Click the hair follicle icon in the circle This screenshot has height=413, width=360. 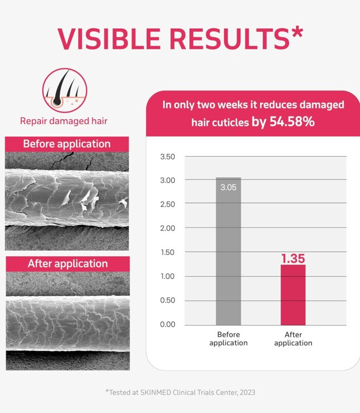(65, 90)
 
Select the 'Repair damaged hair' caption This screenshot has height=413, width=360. (64, 121)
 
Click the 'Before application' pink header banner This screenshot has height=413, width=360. (67, 144)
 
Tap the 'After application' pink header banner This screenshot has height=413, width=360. (68, 264)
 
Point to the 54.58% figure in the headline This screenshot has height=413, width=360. (292, 121)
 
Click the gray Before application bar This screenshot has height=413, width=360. (228, 251)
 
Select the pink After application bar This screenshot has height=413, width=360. (293, 295)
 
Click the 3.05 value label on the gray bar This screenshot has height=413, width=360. (228, 187)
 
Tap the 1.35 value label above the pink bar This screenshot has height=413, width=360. (293, 258)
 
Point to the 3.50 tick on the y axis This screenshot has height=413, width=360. (168, 157)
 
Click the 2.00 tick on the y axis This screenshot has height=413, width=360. (168, 228)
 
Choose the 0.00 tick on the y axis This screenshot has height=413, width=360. (168, 324)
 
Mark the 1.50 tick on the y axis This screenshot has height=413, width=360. (168, 252)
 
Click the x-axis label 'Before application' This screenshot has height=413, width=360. (228, 339)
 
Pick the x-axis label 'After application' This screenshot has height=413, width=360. (293, 339)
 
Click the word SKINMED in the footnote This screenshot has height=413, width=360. (155, 392)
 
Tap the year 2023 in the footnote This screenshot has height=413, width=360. (248, 392)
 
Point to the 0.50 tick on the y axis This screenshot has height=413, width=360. (168, 301)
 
